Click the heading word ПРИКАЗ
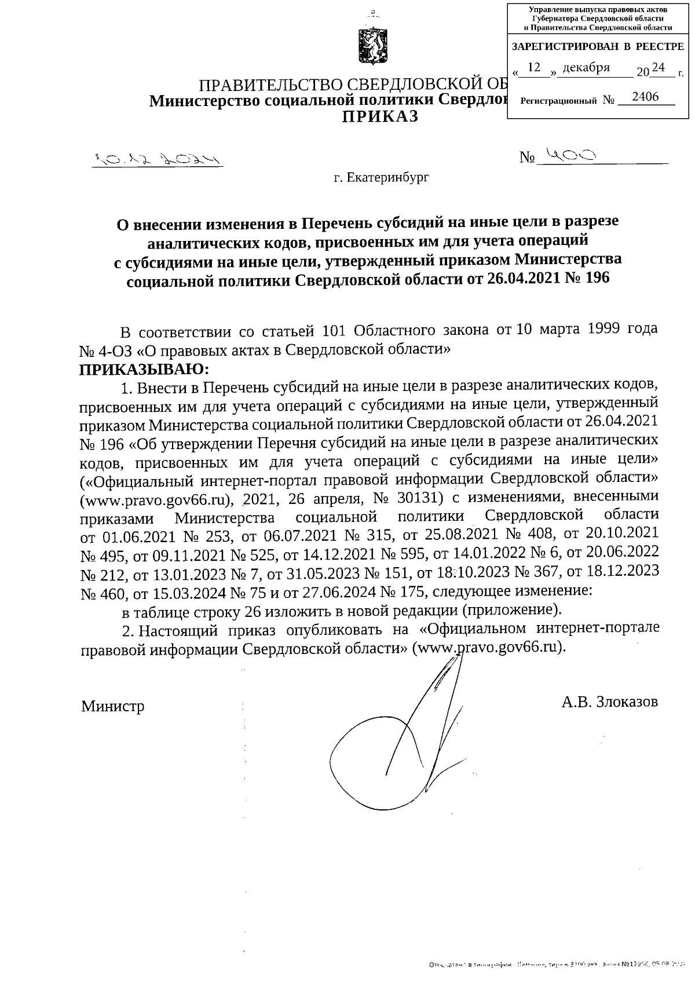[x=380, y=117]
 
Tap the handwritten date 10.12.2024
[x=157, y=159]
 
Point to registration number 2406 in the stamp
[x=645, y=97]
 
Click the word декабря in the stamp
[x=586, y=68]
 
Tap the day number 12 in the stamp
[x=534, y=68]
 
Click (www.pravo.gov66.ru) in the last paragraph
[x=488, y=648]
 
